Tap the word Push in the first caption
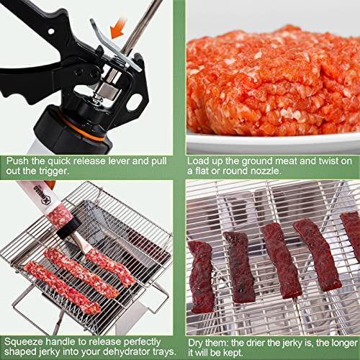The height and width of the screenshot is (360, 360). pyautogui.click(x=17, y=162)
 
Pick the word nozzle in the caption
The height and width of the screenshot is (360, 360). pyautogui.click(x=268, y=172)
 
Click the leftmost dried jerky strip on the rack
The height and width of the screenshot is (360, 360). pyautogui.click(x=201, y=277)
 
